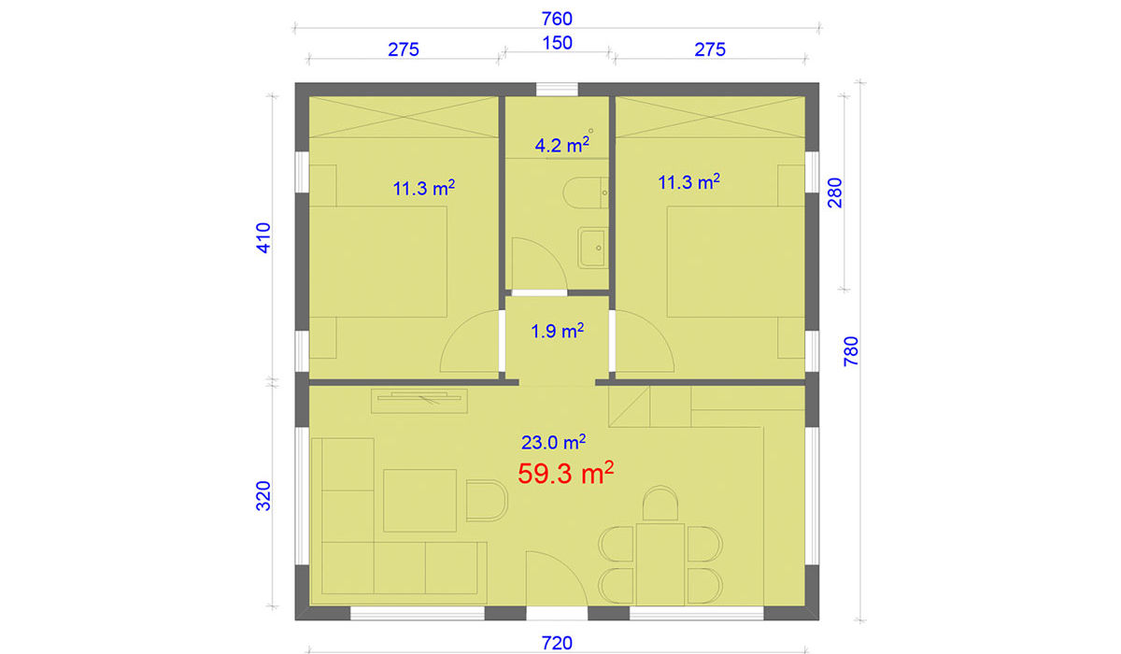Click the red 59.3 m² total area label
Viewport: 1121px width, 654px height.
click(565, 473)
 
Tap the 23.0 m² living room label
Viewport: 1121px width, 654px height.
click(553, 442)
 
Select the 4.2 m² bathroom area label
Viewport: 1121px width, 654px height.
click(562, 145)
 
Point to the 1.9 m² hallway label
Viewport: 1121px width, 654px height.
click(557, 331)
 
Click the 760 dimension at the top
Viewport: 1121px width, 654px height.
click(557, 19)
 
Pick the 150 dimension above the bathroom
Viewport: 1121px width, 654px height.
click(558, 43)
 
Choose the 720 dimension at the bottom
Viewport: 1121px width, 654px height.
click(557, 643)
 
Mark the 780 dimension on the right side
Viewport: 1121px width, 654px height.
click(851, 351)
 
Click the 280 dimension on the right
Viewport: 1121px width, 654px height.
click(835, 192)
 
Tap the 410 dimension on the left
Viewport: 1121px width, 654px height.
click(263, 237)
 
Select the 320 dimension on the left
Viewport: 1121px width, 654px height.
click(263, 496)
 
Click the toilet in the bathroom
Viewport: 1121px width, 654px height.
click(585, 192)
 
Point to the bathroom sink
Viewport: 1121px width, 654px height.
click(593, 248)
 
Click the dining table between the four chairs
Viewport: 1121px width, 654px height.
click(660, 564)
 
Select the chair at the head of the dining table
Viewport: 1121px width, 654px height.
click(660, 504)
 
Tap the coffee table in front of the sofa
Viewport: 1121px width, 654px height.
click(419, 501)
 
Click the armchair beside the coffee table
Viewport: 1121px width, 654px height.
click(487, 501)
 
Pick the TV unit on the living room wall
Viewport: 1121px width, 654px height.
click(419, 401)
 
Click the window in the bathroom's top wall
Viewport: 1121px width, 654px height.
click(557, 90)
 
